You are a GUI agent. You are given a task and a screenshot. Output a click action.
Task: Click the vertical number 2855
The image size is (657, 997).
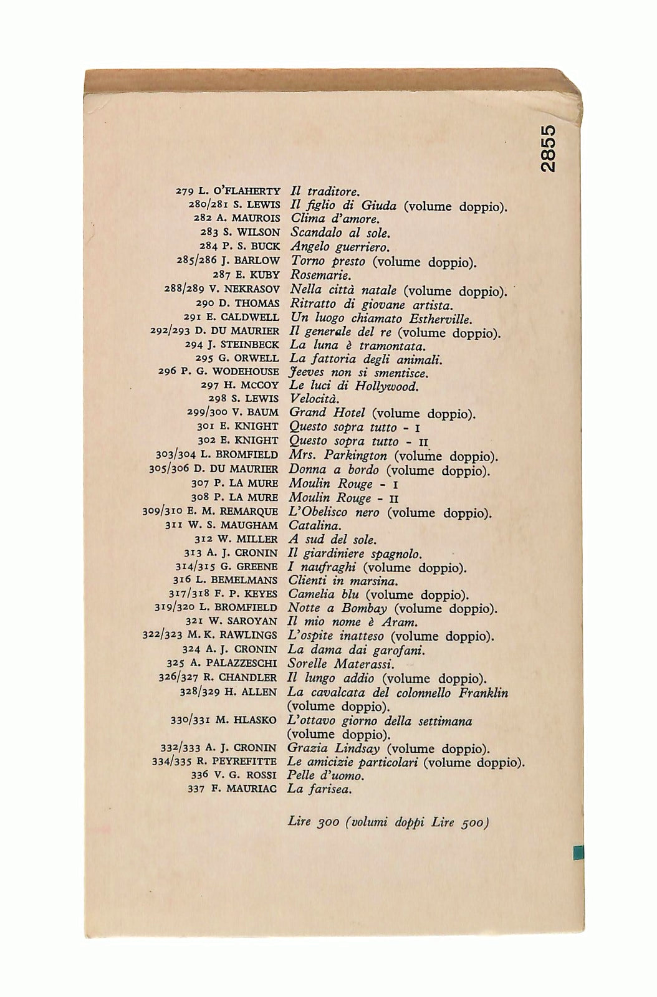pos(549,149)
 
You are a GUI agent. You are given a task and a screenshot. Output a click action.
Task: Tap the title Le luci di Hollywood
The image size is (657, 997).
pos(354,386)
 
